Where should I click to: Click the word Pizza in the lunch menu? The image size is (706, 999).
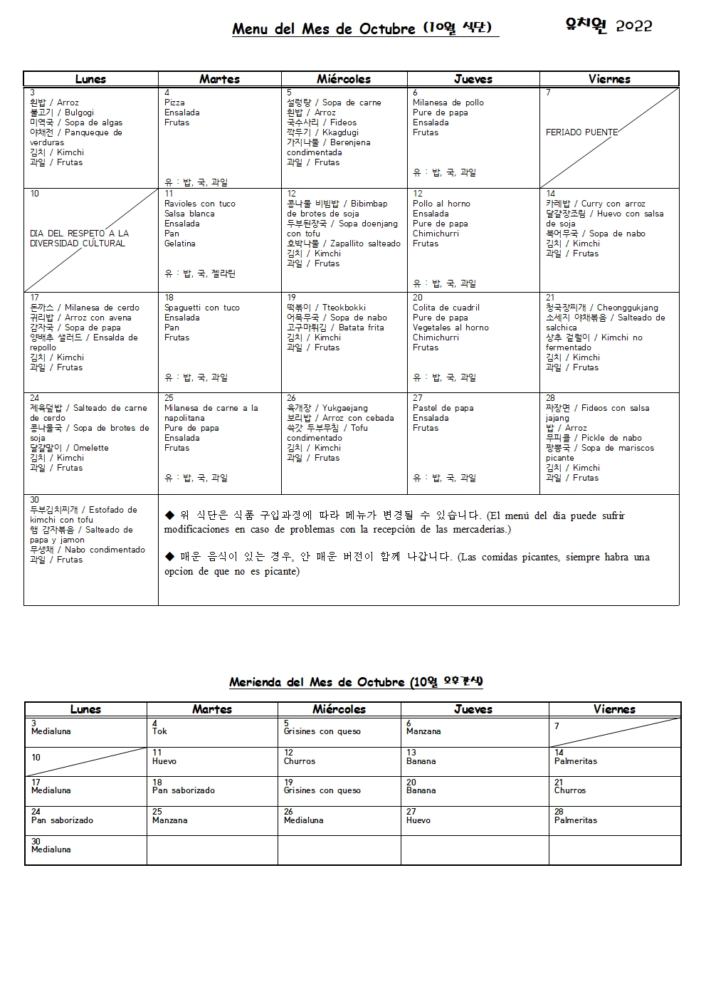(174, 103)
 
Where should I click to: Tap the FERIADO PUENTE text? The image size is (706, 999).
(581, 132)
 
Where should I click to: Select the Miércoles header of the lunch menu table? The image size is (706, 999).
(344, 79)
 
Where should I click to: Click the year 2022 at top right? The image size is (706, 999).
(633, 26)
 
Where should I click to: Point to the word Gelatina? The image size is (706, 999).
(179, 244)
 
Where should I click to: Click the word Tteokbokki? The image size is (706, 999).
(344, 308)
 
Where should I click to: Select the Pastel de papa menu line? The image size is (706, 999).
(443, 408)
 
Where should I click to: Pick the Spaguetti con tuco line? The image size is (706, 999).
(201, 308)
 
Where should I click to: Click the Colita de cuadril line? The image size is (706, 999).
(446, 308)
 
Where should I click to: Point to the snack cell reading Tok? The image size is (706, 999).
(159, 731)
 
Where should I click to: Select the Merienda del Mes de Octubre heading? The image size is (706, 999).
(356, 682)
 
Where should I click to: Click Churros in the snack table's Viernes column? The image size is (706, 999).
(569, 790)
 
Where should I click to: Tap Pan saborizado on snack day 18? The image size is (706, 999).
(183, 790)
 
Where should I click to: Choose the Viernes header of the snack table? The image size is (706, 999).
(614, 709)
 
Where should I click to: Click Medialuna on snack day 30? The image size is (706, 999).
(51, 849)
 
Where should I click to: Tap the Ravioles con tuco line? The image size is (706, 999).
(199, 204)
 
